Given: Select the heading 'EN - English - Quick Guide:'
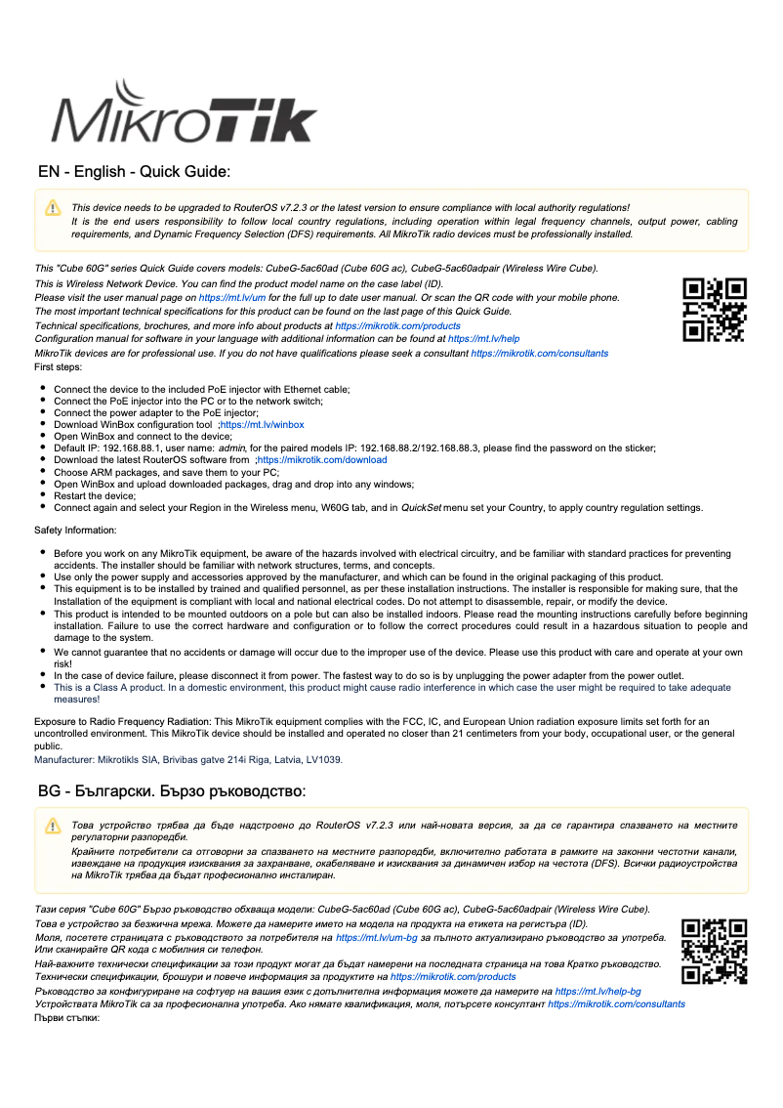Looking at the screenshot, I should point(134,172).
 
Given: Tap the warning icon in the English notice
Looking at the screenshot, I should point(53,208).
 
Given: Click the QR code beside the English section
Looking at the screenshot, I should point(714,310).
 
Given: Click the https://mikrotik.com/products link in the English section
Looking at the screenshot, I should point(397,325).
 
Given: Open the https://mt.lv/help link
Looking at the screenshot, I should point(483,339).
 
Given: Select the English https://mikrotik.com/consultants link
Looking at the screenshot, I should point(539,353).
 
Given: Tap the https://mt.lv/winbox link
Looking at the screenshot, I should point(263,425).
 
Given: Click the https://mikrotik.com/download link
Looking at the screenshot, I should point(322,460).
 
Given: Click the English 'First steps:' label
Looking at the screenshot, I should point(59,367).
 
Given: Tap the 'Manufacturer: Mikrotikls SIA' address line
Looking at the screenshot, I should point(188,759).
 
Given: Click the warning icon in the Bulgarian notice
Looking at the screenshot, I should point(53,828).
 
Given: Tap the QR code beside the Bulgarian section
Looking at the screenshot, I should point(714,951).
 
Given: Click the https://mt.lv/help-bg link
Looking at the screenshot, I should point(598,991).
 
